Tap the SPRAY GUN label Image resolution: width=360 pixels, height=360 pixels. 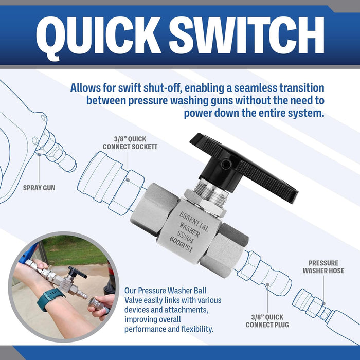tap(39, 188)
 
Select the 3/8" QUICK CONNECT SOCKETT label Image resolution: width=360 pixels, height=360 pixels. tap(130, 143)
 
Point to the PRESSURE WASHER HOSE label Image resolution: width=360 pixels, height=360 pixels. tap(323, 267)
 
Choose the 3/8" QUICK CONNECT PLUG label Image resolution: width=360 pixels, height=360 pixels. tap(267, 321)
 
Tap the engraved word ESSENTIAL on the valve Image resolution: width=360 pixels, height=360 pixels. tap(194, 221)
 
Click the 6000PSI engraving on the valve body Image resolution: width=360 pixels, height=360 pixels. tap(181, 245)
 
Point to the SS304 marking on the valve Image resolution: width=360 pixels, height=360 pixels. tap(185, 237)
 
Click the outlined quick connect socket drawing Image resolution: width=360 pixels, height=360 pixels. tap(111, 183)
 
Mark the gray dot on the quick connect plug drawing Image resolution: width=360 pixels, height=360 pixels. tap(267, 285)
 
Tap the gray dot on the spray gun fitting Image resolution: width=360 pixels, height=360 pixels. tap(39, 154)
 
